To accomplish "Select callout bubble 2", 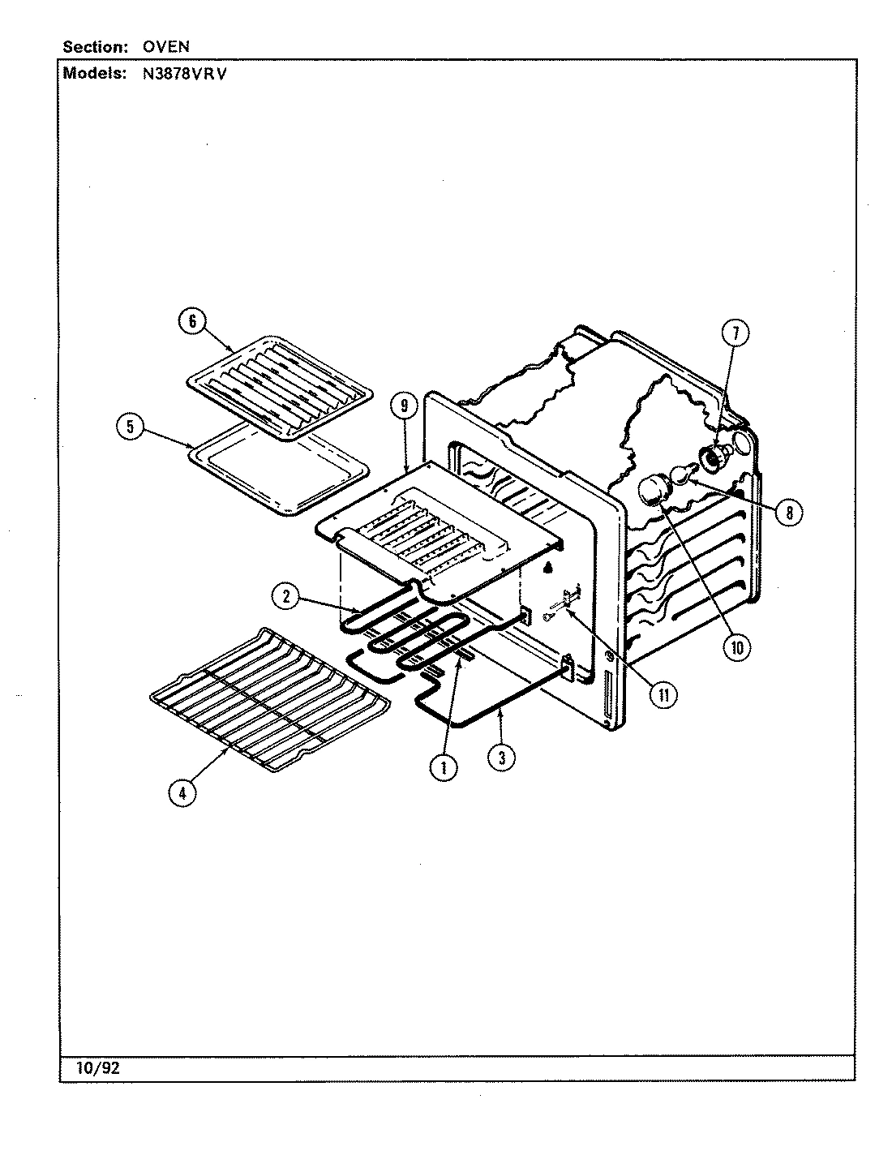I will (x=285, y=598).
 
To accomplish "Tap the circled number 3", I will (x=501, y=758).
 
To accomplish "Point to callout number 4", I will (x=182, y=792).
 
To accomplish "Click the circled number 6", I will (x=192, y=321).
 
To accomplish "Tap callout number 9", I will (x=404, y=404).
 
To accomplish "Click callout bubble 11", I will (x=663, y=694).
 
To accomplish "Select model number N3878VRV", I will (x=175, y=73).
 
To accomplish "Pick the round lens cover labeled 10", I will (x=652, y=491).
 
